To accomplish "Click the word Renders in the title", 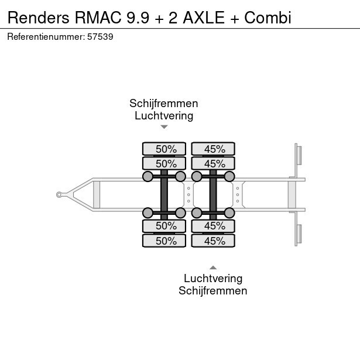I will [38, 17].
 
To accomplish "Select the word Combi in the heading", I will [268, 17].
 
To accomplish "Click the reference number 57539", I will [101, 36].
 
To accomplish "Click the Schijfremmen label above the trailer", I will [164, 104].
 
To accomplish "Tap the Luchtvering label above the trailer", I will [164, 115].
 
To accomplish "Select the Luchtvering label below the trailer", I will [213, 279].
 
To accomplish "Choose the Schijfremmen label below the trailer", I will [213, 290].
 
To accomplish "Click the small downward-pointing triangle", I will [164, 126].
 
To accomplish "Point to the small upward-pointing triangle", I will [213, 268].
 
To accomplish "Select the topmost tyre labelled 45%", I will [213, 149].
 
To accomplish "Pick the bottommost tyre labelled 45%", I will [213, 241].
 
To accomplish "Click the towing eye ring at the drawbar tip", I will [60, 195].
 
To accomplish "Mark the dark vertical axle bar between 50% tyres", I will [164, 195].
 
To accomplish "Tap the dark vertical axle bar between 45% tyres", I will [213, 195].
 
